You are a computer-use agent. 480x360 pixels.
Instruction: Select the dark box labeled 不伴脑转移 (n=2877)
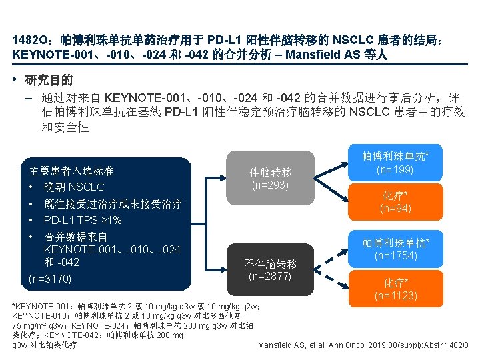point(270,267)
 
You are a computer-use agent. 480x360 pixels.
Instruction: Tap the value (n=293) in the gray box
point(270,185)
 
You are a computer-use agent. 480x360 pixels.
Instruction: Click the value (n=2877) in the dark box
point(270,274)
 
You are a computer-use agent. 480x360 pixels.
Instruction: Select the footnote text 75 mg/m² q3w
point(37,325)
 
